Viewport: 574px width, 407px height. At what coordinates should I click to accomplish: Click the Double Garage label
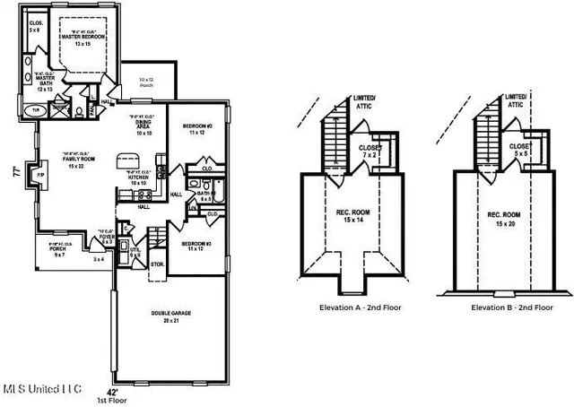170,316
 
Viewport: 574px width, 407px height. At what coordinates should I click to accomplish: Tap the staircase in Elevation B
485,135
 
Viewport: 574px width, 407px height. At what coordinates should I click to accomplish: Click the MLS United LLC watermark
42,388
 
